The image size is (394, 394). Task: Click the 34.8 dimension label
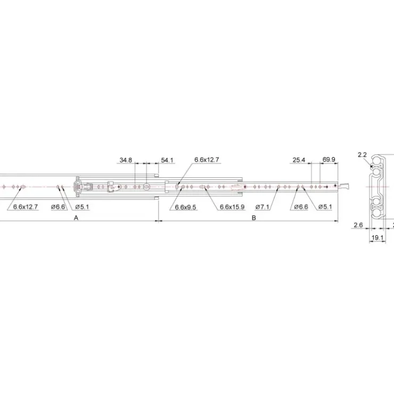[x=126, y=160]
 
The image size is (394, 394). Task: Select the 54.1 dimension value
[x=167, y=160]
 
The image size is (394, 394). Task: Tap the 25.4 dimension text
[x=299, y=160]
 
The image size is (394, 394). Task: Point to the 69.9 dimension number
[x=329, y=160]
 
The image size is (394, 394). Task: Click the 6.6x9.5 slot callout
[x=185, y=207]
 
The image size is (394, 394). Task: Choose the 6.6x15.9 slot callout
[x=232, y=207]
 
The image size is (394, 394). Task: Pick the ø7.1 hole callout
[x=262, y=207]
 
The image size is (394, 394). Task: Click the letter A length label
[x=76, y=218]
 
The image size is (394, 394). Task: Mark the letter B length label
[x=253, y=218]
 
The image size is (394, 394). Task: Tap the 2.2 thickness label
[x=362, y=155]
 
